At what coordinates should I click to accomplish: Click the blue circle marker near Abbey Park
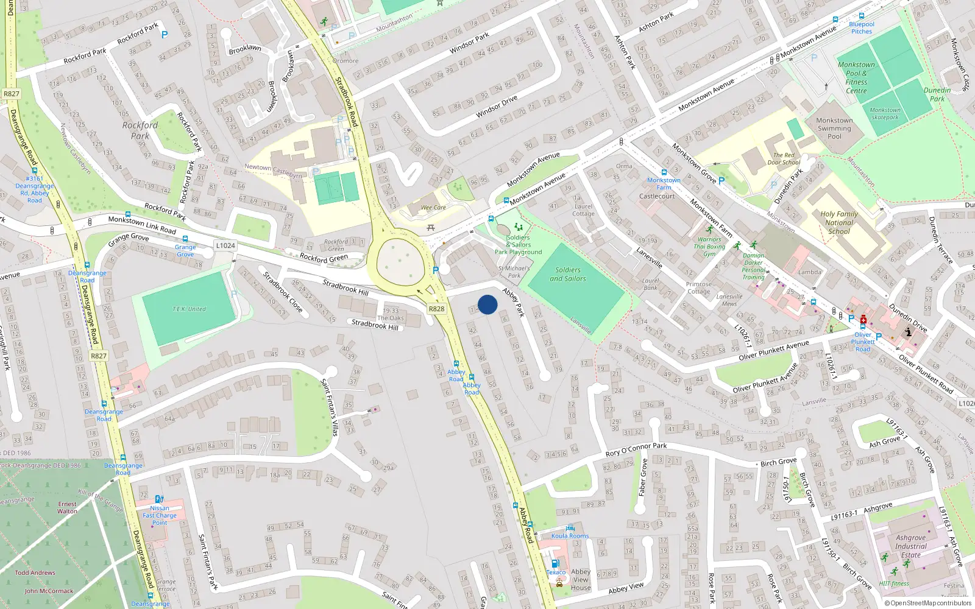487,304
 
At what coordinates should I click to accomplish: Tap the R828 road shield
436,309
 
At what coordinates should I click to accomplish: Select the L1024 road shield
225,245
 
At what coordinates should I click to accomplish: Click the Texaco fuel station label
556,572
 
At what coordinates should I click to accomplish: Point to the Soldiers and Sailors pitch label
568,274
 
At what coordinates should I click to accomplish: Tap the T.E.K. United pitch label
189,309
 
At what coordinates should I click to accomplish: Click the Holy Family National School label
839,223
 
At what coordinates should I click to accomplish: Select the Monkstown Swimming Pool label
834,128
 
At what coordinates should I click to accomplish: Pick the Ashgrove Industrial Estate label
911,546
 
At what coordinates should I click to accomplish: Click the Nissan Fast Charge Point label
160,515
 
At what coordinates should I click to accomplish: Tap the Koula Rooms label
570,536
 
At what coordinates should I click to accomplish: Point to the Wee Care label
433,208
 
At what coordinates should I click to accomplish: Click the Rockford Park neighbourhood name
140,130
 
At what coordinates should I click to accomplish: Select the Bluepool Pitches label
862,28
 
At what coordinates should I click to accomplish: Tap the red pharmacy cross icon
863,319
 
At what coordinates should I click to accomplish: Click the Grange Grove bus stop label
185,250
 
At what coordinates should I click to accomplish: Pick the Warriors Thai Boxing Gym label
709,247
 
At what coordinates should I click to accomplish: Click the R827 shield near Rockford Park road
12,94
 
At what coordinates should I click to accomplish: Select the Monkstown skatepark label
885,114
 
